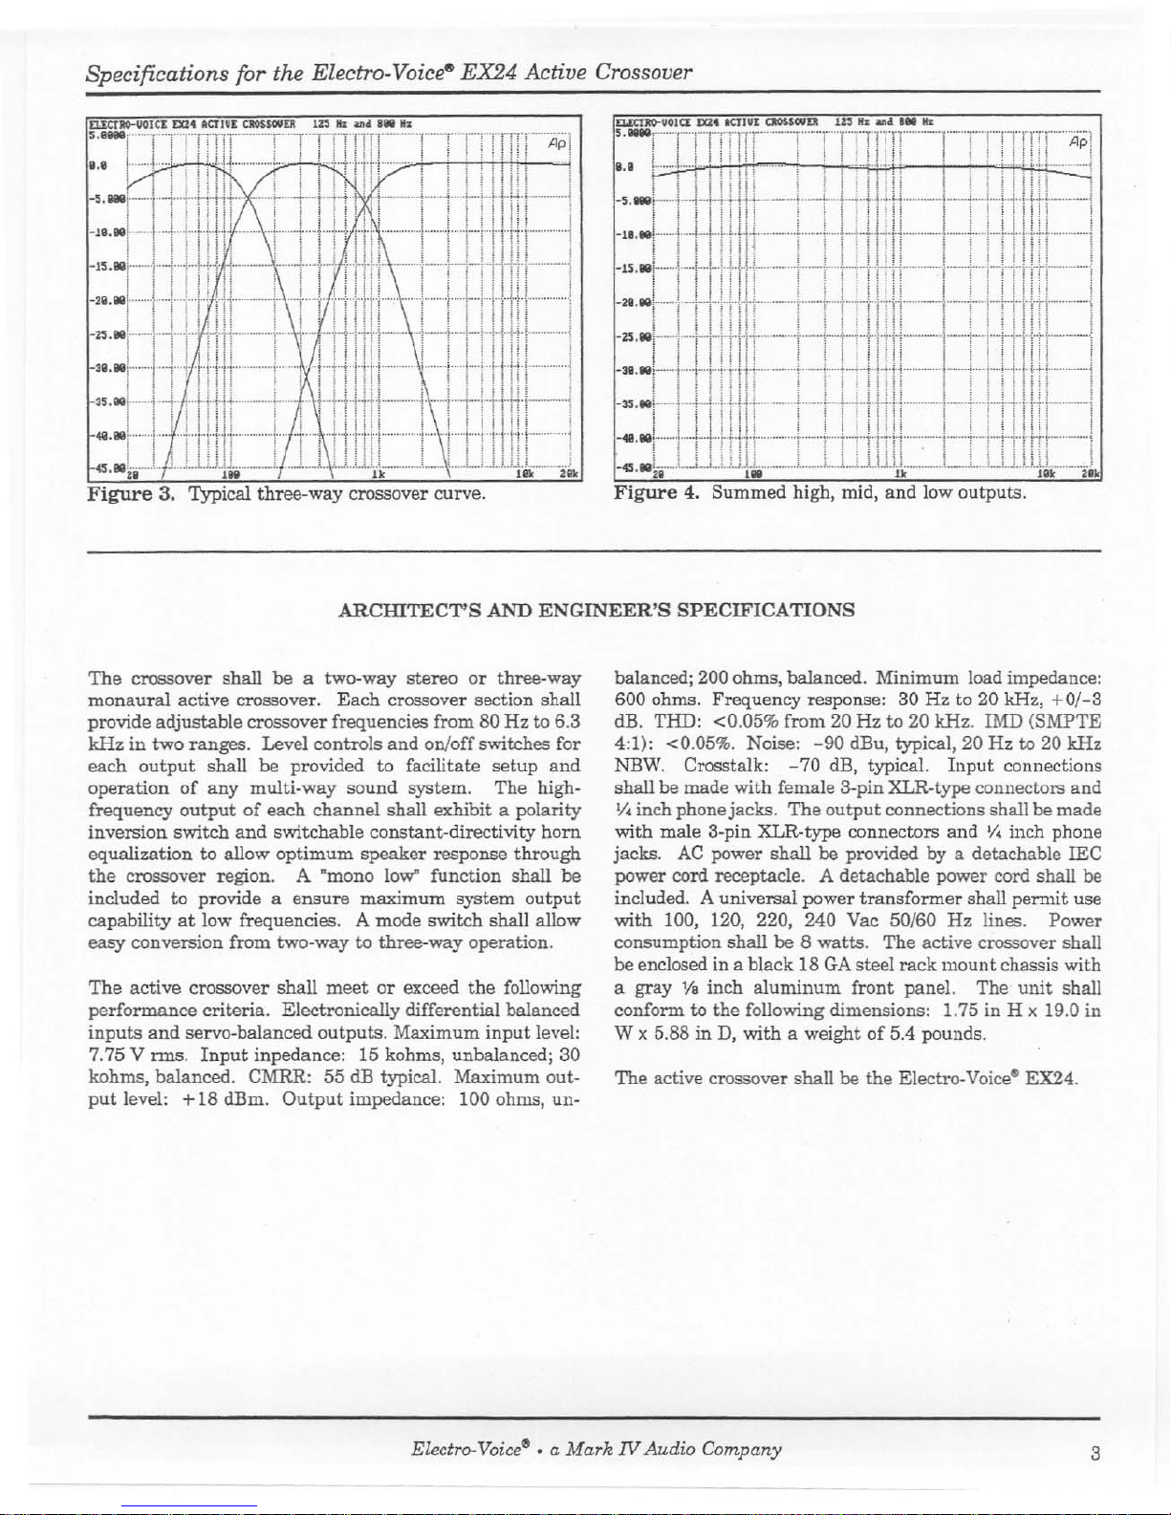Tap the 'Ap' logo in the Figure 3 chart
[x=557, y=143]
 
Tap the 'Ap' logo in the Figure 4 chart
[x=1078, y=141]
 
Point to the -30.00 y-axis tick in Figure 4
[x=632, y=369]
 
